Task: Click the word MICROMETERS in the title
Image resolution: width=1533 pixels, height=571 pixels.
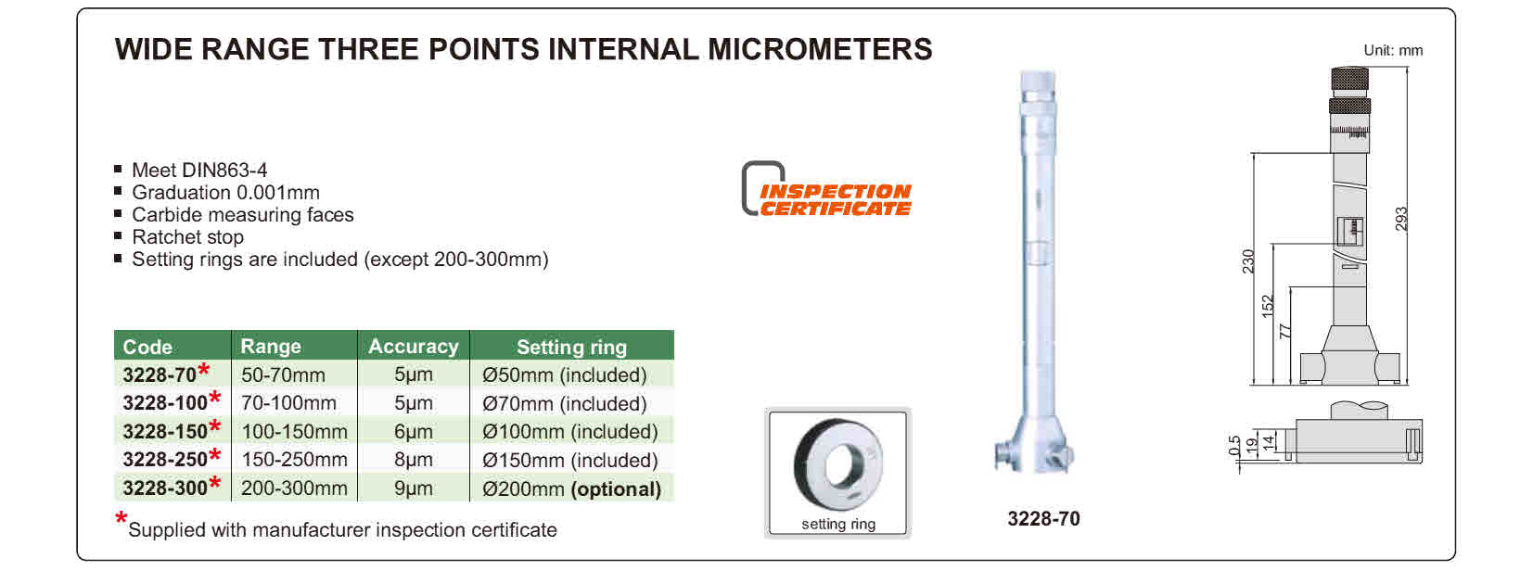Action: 820,49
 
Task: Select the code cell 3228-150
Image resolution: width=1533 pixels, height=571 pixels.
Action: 165,432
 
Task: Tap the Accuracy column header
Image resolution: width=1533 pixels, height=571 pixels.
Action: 414,347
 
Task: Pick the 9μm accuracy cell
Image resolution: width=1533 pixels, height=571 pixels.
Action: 414,489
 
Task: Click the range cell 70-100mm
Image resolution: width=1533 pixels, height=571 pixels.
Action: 288,403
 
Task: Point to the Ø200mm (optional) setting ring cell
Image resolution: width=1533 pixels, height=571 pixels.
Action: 571,489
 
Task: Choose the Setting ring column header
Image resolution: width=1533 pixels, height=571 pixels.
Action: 571,347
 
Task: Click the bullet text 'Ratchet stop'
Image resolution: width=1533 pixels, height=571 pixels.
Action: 187,237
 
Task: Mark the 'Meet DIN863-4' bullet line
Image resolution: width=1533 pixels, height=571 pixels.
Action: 199,171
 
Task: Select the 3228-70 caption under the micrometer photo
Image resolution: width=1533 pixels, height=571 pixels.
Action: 1043,519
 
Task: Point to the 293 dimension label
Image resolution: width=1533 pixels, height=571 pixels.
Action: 1401,220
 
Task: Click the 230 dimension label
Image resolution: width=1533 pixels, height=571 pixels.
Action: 1248,261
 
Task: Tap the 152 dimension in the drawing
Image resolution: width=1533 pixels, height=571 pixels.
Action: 1268,306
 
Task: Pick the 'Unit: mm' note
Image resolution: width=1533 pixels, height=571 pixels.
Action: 1393,51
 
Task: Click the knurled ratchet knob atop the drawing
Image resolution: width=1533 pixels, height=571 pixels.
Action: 1349,79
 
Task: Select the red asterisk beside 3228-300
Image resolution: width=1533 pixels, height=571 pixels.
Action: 215,483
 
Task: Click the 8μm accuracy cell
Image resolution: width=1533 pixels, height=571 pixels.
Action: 414,460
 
